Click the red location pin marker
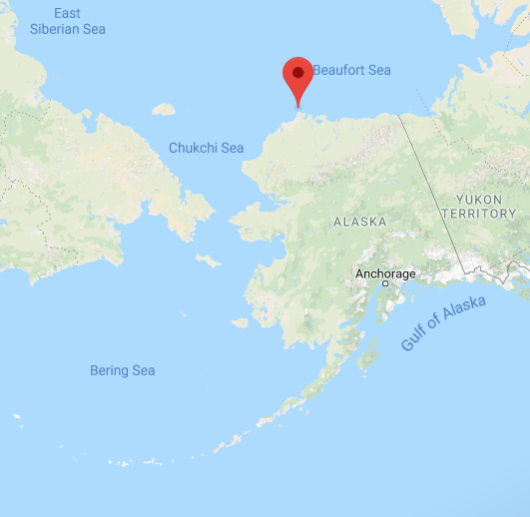[297, 78]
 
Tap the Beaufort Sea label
[351, 70]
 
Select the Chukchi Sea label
[206, 148]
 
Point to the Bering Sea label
[123, 370]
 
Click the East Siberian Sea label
[68, 21]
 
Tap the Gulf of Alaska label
[443, 322]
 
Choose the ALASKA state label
[359, 222]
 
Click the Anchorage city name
[385, 273]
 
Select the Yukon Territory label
[479, 207]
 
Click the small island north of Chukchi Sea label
[163, 110]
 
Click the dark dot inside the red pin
[297, 73]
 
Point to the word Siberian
[68, 29]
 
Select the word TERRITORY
[479, 214]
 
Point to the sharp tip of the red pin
[297, 106]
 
